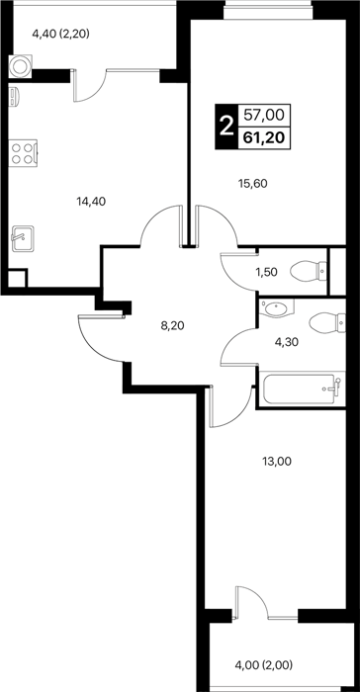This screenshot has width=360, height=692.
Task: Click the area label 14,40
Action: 91,202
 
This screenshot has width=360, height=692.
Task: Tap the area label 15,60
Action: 253,184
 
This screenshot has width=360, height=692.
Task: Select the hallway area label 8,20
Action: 172,326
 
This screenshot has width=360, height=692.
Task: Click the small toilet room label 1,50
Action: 267,272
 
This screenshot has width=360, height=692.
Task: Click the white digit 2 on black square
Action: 225,128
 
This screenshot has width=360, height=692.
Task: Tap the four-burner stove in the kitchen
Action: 23,152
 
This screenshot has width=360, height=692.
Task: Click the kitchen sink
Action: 23,239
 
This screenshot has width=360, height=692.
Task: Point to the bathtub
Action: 301,389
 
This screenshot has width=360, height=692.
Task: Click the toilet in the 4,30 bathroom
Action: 327,322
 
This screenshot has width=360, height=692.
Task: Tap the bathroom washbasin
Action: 277,307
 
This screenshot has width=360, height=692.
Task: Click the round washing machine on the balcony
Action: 21,66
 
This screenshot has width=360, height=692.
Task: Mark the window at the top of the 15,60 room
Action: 268,9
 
